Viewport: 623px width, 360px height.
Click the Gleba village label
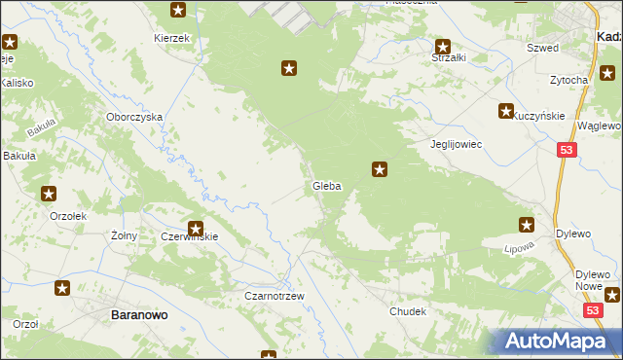click(326, 186)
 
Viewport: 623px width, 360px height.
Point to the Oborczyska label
click(134, 116)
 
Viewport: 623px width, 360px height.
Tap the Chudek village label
click(408, 311)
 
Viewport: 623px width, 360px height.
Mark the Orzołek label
click(69, 217)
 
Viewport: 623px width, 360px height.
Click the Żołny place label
click(123, 235)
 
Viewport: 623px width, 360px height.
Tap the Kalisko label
click(17, 84)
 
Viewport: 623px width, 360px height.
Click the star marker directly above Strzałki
click(443, 46)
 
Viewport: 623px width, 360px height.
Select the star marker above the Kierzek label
click(178, 11)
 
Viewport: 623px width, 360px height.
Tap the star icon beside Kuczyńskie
click(506, 112)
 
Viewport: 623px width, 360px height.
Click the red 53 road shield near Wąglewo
click(568, 149)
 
